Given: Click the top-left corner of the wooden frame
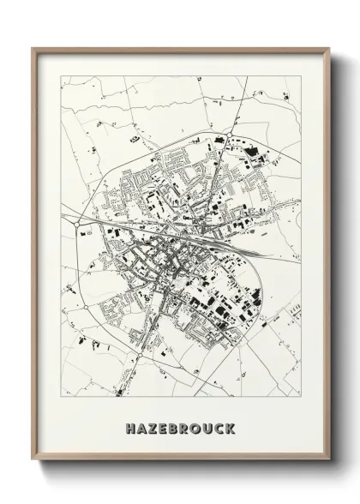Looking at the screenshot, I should (x=33, y=47).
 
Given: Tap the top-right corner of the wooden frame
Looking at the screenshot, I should (x=328, y=47).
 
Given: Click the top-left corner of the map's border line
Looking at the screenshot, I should (x=61, y=75).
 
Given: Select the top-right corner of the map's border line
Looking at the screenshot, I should (x=300, y=75).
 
